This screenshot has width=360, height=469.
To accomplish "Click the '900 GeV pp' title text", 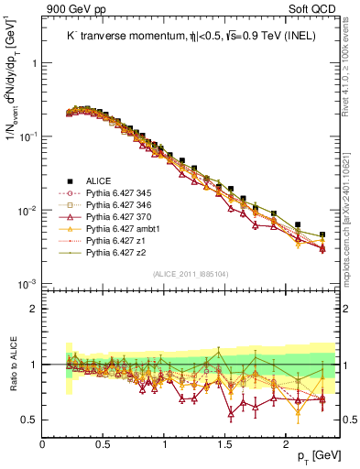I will (76, 9).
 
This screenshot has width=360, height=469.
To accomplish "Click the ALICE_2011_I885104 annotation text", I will (190, 273).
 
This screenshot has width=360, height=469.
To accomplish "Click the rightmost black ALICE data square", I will (322, 234).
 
